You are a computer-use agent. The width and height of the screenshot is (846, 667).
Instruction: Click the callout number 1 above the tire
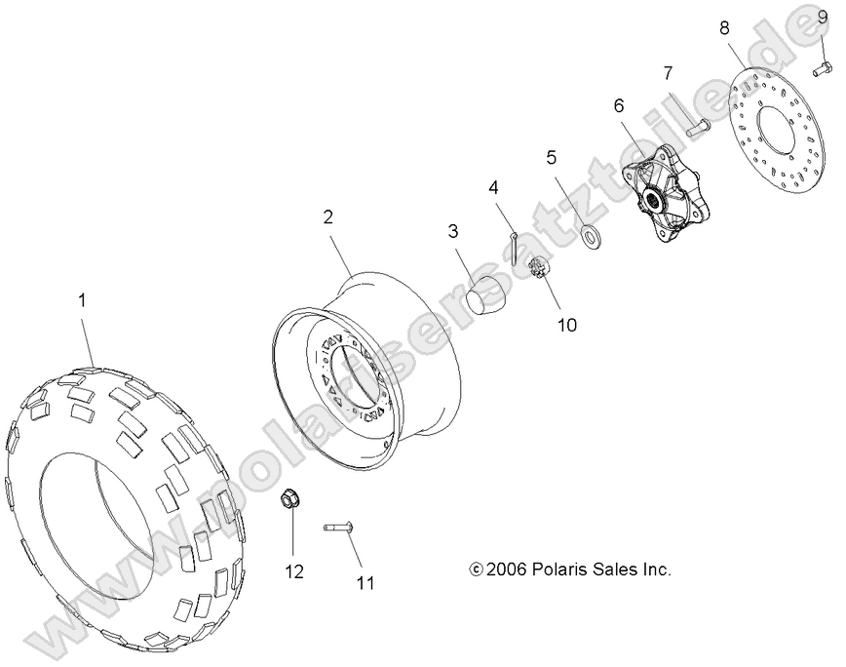point(82,302)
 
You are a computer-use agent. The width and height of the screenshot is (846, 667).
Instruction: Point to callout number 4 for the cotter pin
point(494,187)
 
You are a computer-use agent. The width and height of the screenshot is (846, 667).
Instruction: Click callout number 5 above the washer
point(551,156)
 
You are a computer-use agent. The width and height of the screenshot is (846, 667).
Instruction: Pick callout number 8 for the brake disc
point(724,28)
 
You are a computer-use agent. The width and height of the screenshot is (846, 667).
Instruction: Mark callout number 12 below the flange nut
point(294,570)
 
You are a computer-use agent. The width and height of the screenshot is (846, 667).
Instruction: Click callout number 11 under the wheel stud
point(365,583)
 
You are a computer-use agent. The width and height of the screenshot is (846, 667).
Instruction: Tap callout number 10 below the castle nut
point(566,324)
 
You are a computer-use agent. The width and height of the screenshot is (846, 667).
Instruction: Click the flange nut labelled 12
point(288,500)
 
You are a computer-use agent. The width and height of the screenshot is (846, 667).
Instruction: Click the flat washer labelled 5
point(590,236)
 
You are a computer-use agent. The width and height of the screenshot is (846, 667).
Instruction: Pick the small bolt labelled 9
point(821,68)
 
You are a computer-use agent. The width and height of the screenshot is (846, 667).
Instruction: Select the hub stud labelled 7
point(698,127)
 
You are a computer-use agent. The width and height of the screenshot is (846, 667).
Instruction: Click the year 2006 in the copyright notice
point(508,569)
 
